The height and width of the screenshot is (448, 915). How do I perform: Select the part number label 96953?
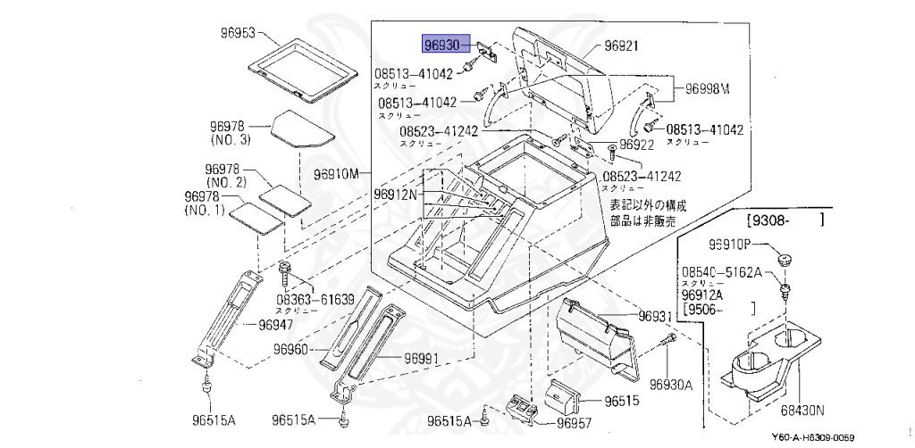239,33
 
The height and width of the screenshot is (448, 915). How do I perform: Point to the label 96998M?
708,88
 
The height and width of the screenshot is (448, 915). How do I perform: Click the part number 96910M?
336,173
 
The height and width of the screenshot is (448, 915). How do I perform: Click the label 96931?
654,317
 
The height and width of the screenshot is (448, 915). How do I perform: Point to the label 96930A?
672,385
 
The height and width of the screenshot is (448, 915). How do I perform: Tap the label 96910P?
733,244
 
